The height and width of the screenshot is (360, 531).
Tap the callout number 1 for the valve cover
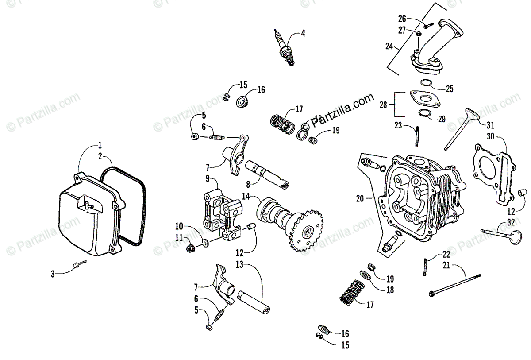click(x=100, y=145)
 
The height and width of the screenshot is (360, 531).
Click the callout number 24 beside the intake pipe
click(x=389, y=46)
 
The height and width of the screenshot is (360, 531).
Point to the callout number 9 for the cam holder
click(x=208, y=179)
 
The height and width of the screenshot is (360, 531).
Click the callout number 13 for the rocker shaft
click(x=239, y=265)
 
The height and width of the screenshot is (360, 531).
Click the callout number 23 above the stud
click(x=398, y=125)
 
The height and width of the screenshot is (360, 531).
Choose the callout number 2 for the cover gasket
click(x=100, y=156)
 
